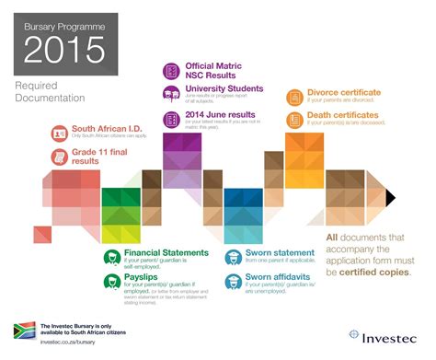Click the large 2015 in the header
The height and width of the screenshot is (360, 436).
point(62,48)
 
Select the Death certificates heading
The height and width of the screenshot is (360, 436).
point(343,115)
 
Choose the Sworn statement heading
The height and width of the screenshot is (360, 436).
point(281,251)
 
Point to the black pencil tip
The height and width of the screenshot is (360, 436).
point(391,193)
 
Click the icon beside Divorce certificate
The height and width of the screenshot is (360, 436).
point(294,95)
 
